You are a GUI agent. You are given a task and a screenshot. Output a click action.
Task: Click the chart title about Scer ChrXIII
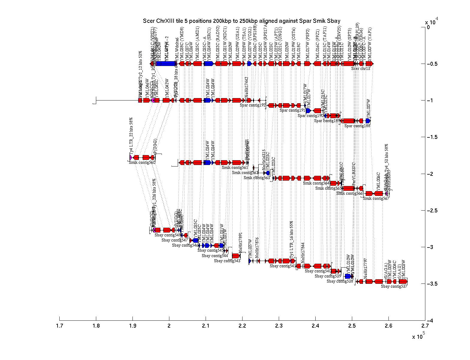[x=242, y=21]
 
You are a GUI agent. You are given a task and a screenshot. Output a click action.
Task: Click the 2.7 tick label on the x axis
[x=425, y=326]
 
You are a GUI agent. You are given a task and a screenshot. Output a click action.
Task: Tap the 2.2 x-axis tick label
[x=242, y=326]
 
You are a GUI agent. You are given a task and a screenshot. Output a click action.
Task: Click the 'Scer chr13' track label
[x=361, y=68]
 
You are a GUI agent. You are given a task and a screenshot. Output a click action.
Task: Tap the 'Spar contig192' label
[x=253, y=105]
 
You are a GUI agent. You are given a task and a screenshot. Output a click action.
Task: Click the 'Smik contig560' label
[x=142, y=162]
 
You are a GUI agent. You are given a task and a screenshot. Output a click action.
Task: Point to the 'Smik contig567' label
[x=376, y=198]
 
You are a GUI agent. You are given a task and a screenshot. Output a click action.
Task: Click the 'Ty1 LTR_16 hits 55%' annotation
[x=291, y=239]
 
